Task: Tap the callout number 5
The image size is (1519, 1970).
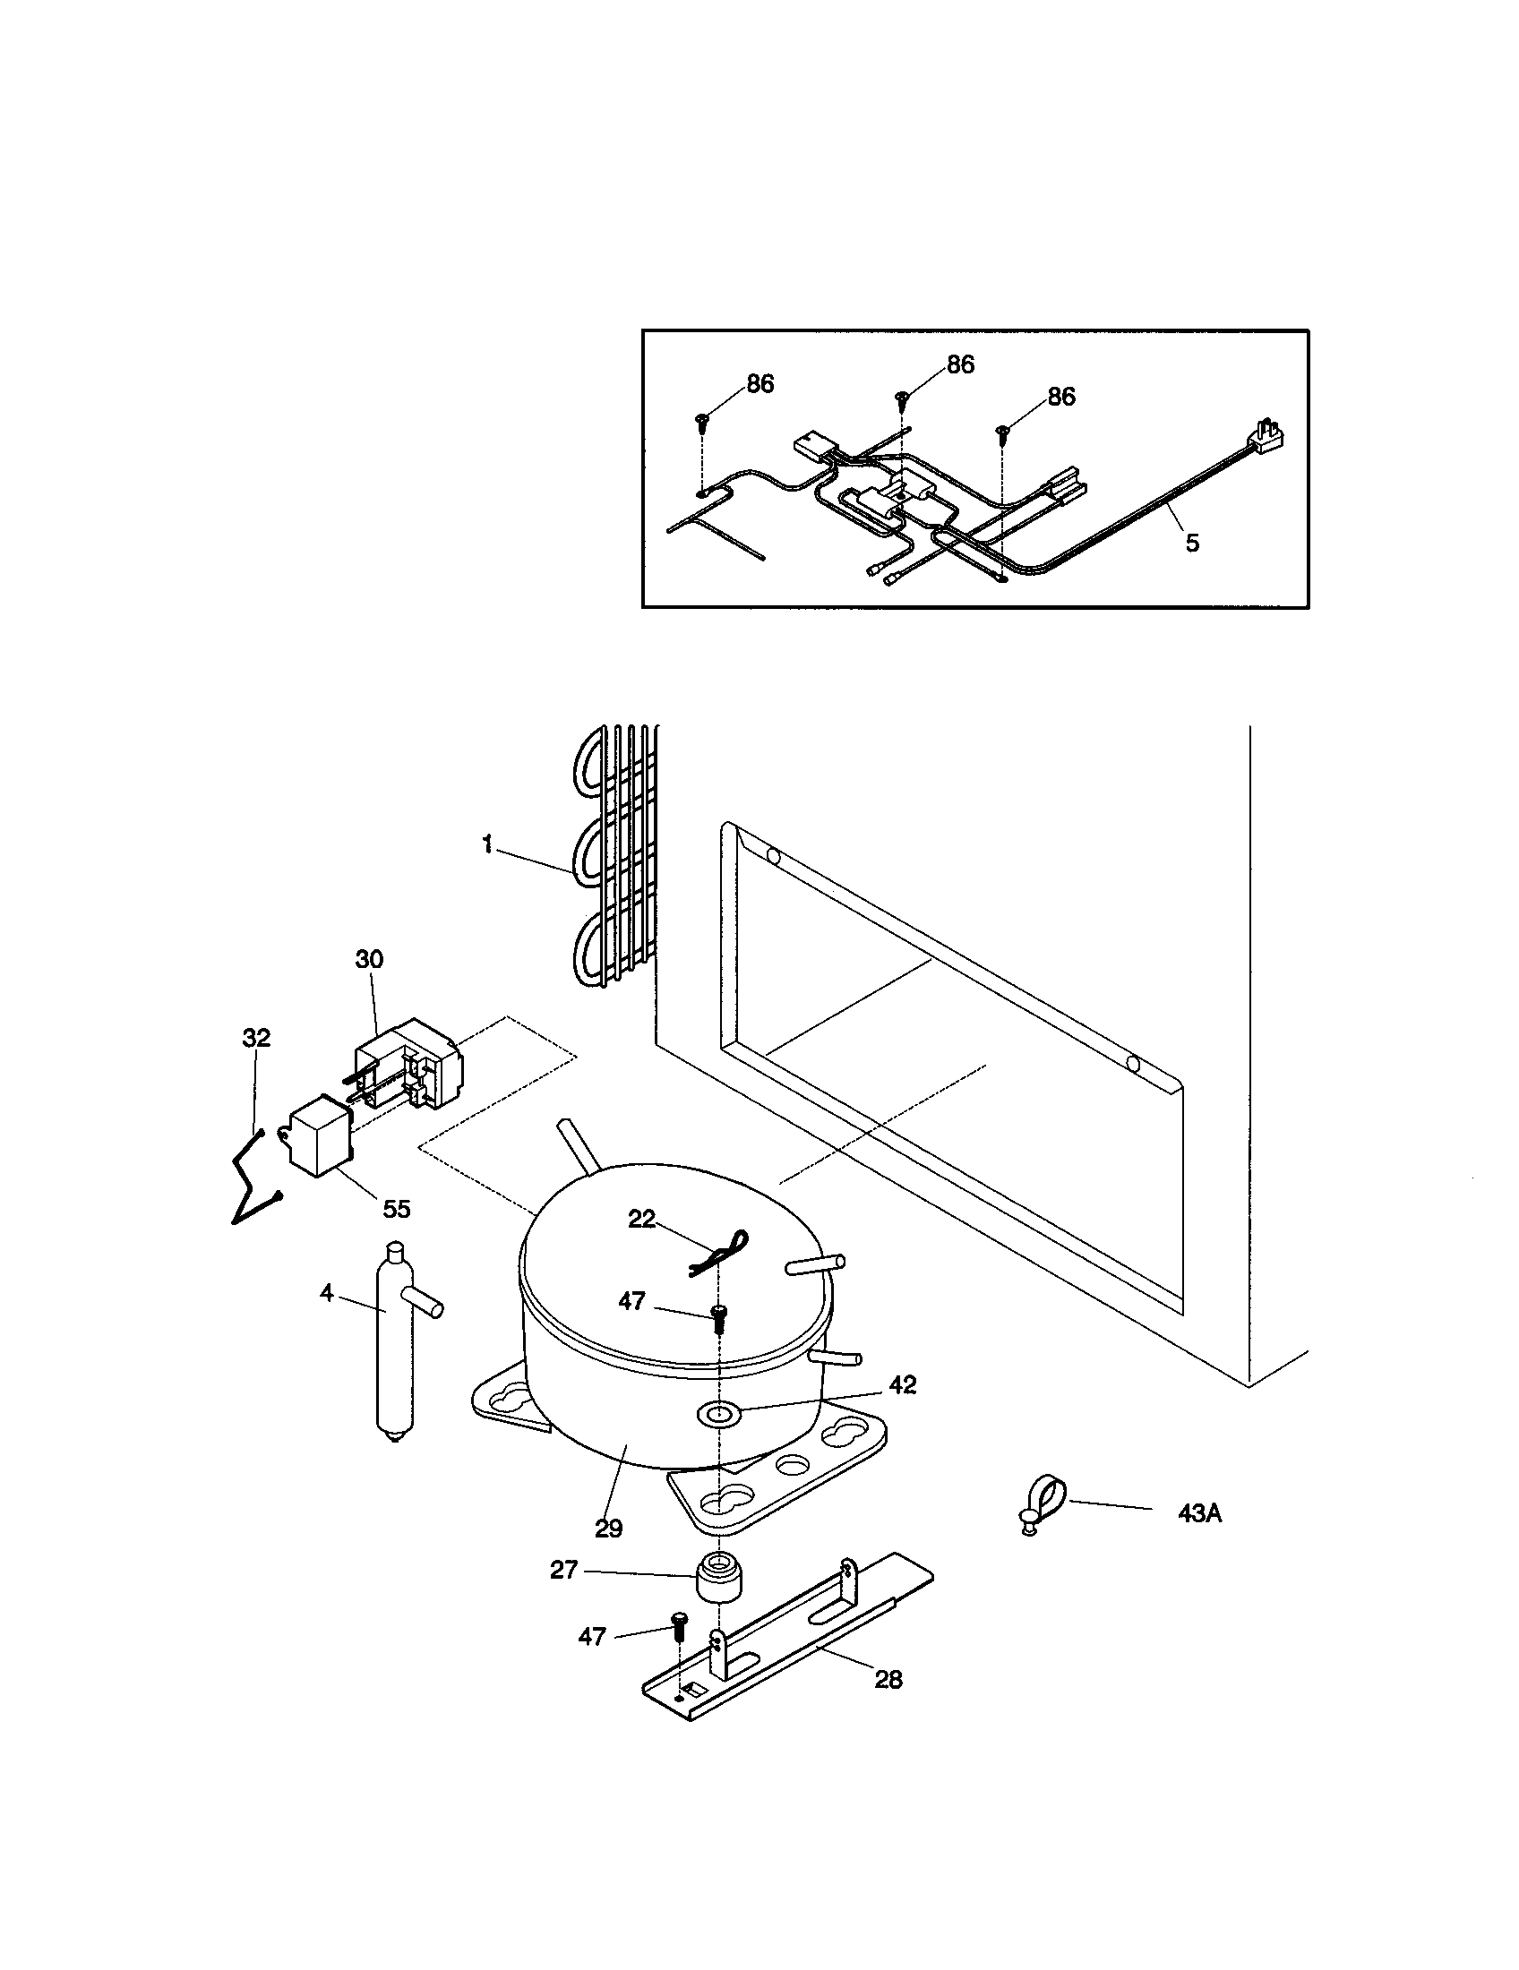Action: coord(1191,543)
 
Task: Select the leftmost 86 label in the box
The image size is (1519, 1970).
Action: coord(759,384)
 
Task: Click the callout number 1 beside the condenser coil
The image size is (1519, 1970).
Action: coord(487,845)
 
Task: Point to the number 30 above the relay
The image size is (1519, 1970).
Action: coord(369,959)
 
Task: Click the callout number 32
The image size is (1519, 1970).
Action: coord(256,1037)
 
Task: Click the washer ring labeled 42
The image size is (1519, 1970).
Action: coord(719,1414)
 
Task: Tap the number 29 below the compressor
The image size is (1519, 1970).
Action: coord(609,1528)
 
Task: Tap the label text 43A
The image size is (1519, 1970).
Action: coord(1199,1513)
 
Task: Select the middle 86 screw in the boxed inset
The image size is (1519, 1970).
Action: coord(901,397)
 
